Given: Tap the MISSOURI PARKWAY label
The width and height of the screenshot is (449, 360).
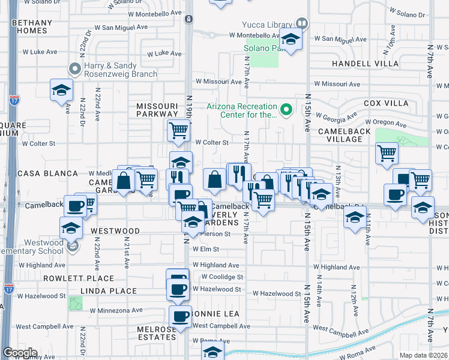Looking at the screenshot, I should (157, 109).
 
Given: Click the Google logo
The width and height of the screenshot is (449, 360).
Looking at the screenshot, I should (19, 353).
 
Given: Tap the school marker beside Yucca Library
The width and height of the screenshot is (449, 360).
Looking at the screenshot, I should (291, 40).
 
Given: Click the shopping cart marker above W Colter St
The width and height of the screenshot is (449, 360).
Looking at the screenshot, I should (178, 130).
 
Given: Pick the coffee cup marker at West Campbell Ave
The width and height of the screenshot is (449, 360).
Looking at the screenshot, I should (179, 316).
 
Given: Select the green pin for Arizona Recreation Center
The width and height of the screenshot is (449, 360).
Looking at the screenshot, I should (287, 109).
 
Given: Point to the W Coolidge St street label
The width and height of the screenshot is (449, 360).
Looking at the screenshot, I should (222, 277).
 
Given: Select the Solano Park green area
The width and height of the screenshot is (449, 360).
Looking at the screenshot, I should (264, 56).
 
